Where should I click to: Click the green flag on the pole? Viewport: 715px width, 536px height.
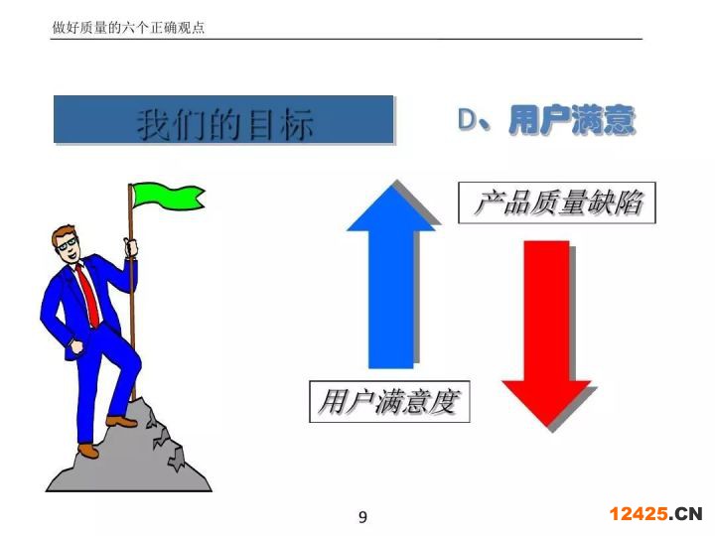[x=167, y=196]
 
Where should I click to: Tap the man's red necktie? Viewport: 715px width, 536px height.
[x=88, y=295]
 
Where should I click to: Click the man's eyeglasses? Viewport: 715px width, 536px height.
[x=68, y=244]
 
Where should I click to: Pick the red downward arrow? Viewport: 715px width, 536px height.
[x=546, y=334]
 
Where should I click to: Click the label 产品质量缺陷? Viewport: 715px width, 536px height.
[x=557, y=202]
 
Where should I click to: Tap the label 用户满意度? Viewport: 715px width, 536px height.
[x=389, y=402]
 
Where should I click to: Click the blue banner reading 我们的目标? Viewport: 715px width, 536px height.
[x=223, y=119]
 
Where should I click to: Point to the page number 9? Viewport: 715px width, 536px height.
[x=362, y=517]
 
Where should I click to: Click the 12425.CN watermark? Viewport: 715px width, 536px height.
[x=655, y=514]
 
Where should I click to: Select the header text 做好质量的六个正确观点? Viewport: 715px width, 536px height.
[x=128, y=28]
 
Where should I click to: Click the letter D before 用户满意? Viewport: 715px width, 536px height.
[x=468, y=119]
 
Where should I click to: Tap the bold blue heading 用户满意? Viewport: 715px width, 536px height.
[x=572, y=119]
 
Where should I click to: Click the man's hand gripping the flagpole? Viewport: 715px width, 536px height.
[x=131, y=247]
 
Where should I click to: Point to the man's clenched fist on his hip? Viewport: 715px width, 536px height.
[x=76, y=346]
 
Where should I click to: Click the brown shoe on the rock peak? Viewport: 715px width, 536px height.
[x=121, y=421]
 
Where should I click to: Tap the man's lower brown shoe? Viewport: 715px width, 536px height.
[x=88, y=451]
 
